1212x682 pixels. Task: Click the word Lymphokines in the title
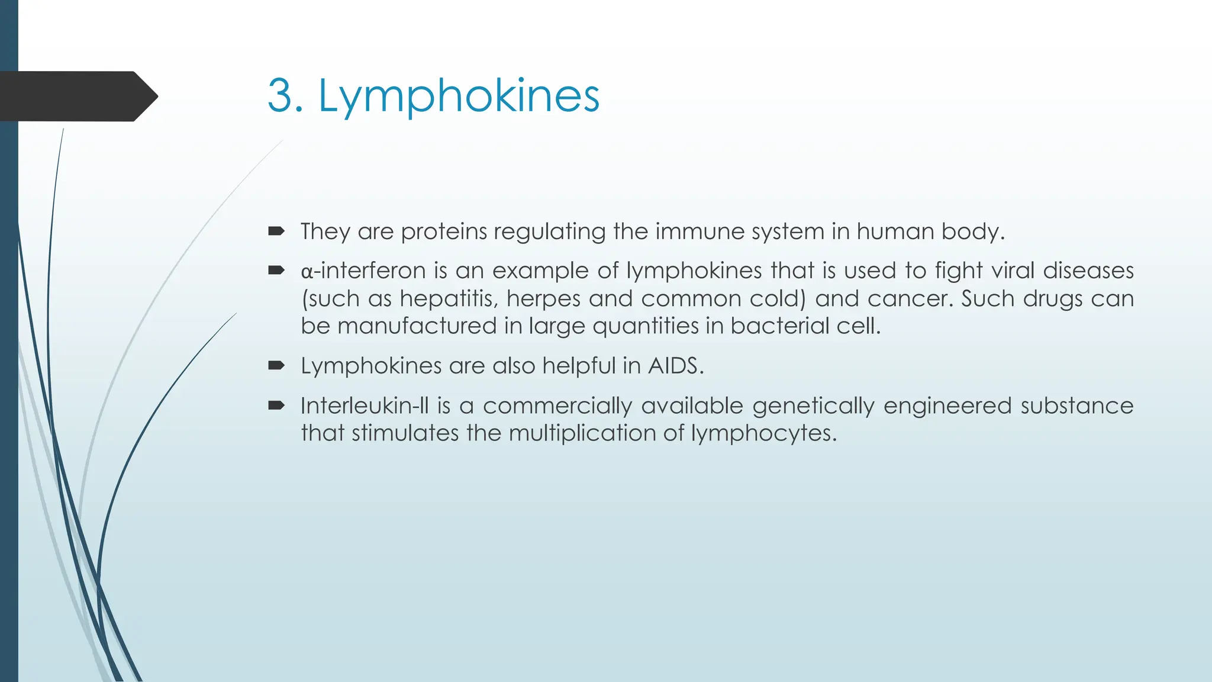(x=459, y=96)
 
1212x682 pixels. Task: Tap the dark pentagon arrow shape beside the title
(x=77, y=96)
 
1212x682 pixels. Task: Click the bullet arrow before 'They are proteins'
(x=276, y=231)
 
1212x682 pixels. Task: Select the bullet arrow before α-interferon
(x=276, y=271)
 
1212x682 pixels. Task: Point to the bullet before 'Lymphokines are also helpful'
(x=276, y=365)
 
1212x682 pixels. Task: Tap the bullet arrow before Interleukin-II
(x=276, y=406)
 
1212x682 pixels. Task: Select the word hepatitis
(x=449, y=298)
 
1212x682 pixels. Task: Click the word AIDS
(x=675, y=365)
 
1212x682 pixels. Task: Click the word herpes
(x=543, y=298)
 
